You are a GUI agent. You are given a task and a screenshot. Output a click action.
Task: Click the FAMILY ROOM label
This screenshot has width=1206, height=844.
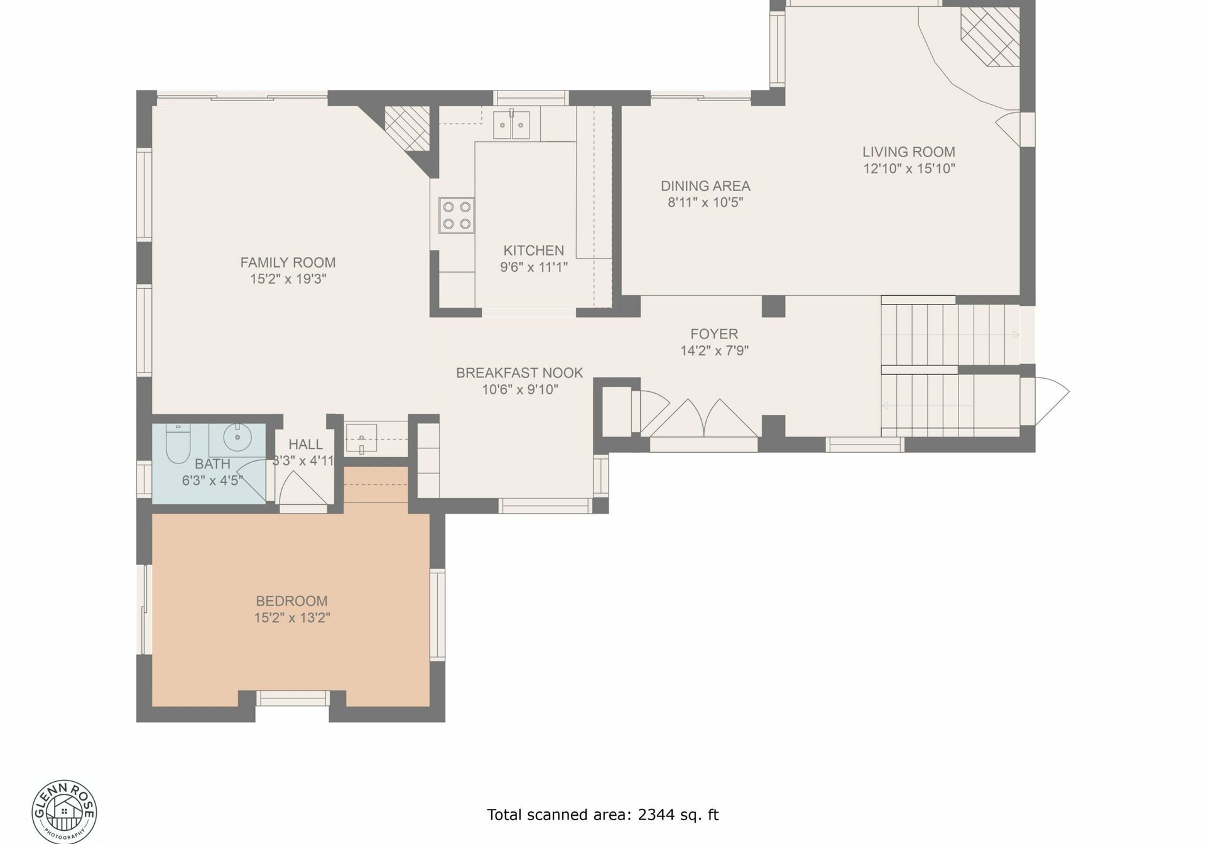pyautogui.click(x=288, y=262)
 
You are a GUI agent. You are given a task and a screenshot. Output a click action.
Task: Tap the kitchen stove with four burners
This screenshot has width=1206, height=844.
pyautogui.click(x=457, y=215)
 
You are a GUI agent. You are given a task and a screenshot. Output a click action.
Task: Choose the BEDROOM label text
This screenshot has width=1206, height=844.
pyautogui.click(x=291, y=601)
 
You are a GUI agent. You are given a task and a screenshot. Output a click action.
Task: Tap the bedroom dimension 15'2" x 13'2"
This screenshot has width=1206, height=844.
pyautogui.click(x=292, y=618)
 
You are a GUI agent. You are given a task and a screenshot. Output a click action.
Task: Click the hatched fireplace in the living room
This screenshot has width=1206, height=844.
pyautogui.click(x=990, y=36)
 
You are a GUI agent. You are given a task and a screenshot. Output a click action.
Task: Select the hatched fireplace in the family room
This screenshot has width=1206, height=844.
pyautogui.click(x=407, y=127)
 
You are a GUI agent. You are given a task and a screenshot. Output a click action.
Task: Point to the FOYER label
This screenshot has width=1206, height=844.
pyautogui.click(x=714, y=334)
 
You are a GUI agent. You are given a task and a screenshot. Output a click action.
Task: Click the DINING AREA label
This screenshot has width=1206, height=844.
pyautogui.click(x=705, y=186)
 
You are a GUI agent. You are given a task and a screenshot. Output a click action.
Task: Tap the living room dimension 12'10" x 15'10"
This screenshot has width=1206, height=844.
pyautogui.click(x=909, y=168)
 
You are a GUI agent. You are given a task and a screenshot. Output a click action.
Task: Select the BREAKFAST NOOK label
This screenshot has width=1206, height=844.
pyautogui.click(x=519, y=373)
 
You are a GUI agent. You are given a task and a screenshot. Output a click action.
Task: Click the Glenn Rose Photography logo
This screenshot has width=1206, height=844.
pyautogui.click(x=65, y=811)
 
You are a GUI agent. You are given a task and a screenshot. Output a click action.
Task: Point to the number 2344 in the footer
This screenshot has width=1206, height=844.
pyautogui.click(x=656, y=815)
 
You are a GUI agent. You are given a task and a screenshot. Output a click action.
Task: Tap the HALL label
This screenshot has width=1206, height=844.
pyautogui.click(x=306, y=445)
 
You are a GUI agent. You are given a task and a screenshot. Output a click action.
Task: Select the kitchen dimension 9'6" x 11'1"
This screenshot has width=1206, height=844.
pyautogui.click(x=534, y=267)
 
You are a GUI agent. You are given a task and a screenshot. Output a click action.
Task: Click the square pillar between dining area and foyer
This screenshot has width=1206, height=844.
pyautogui.click(x=773, y=306)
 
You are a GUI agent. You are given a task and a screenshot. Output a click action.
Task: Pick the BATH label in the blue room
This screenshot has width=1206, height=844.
pyautogui.click(x=212, y=464)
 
